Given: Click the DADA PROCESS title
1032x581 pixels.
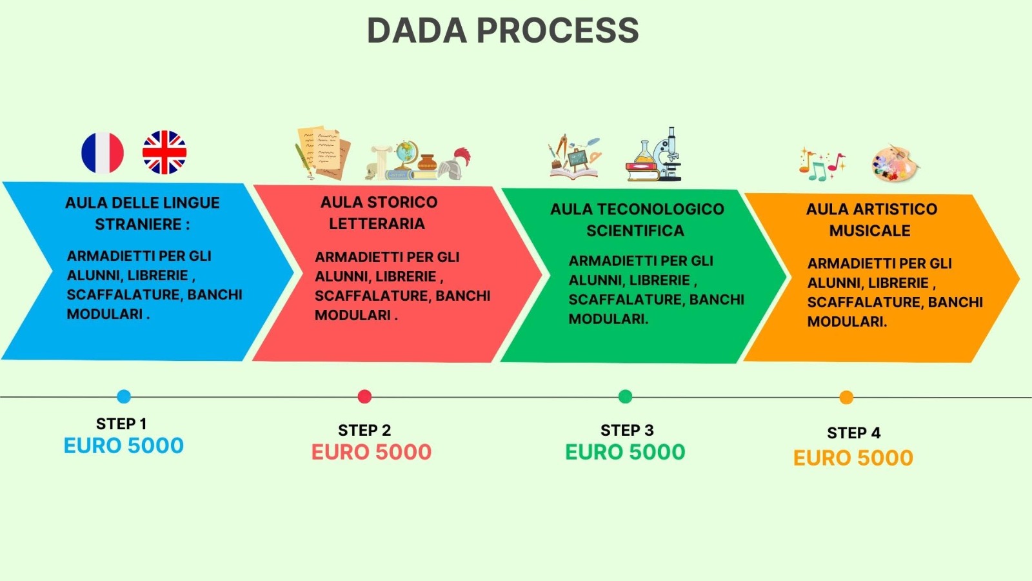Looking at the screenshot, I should [502, 30].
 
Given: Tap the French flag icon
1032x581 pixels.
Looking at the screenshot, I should [103, 153].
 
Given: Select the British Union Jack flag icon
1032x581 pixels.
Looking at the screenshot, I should [164, 152].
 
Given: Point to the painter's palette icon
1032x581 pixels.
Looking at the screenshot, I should [895, 163].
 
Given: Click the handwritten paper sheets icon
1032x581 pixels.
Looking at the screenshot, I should [322, 152].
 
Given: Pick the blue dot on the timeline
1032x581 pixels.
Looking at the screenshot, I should [124, 396].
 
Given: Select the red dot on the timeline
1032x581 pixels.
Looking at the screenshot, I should [364, 396].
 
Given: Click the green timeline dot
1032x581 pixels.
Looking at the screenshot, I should [625, 396].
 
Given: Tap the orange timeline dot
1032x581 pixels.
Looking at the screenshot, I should [846, 398].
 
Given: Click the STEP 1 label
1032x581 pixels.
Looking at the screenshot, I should [121, 424].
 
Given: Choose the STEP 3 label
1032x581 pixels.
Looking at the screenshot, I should [627, 431].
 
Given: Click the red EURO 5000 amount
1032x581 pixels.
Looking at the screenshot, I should [372, 452].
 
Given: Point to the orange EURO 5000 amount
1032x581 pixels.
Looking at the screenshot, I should [853, 458].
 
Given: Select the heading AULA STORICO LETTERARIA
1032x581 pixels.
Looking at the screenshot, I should [379, 212].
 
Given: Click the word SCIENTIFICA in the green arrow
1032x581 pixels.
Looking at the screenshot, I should [635, 230].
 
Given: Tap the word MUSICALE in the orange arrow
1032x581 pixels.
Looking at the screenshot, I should [869, 230].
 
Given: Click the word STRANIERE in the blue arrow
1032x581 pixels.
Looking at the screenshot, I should [138, 224].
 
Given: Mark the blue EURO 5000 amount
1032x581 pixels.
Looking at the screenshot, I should [124, 445].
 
